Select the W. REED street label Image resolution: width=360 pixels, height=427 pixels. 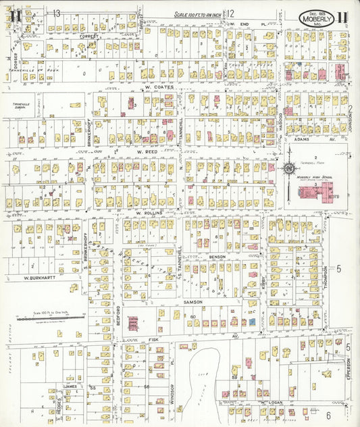tap(147, 152)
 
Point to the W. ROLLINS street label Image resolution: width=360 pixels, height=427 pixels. tap(151, 213)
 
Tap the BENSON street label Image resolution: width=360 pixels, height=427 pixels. tap(217, 257)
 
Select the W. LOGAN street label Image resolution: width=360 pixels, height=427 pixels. tap(269, 403)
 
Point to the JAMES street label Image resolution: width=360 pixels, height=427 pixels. tap(70, 386)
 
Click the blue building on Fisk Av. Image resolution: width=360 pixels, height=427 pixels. tap(251, 322)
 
